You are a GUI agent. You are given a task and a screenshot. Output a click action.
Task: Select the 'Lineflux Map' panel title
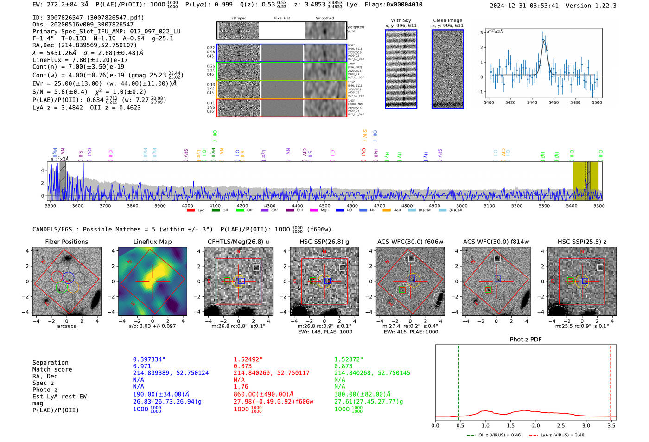point(152,242)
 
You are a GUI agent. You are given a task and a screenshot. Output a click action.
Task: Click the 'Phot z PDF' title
point(525,339)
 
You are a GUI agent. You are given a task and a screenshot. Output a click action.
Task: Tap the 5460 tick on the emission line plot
point(554,102)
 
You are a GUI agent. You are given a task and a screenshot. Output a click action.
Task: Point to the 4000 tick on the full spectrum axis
point(187,205)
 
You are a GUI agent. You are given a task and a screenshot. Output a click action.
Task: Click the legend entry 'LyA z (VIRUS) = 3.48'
point(562,435)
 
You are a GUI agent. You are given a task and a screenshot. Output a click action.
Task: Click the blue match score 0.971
point(142,366)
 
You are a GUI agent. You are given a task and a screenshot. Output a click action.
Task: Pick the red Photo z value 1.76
point(241,386)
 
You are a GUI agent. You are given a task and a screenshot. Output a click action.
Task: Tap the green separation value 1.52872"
point(349,359)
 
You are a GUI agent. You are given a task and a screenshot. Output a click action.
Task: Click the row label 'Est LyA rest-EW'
point(59,397)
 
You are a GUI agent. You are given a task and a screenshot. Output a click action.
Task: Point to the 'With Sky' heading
point(401,20)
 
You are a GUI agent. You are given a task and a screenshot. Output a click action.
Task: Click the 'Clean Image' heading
point(447,20)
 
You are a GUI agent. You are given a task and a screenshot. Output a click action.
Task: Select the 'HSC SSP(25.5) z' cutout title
point(582,242)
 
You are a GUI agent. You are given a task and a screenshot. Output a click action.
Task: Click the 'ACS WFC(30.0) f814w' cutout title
point(496,242)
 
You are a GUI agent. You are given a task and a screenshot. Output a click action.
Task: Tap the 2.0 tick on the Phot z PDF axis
point(535,425)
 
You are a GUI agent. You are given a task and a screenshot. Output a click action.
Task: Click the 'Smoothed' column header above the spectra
point(324,18)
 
